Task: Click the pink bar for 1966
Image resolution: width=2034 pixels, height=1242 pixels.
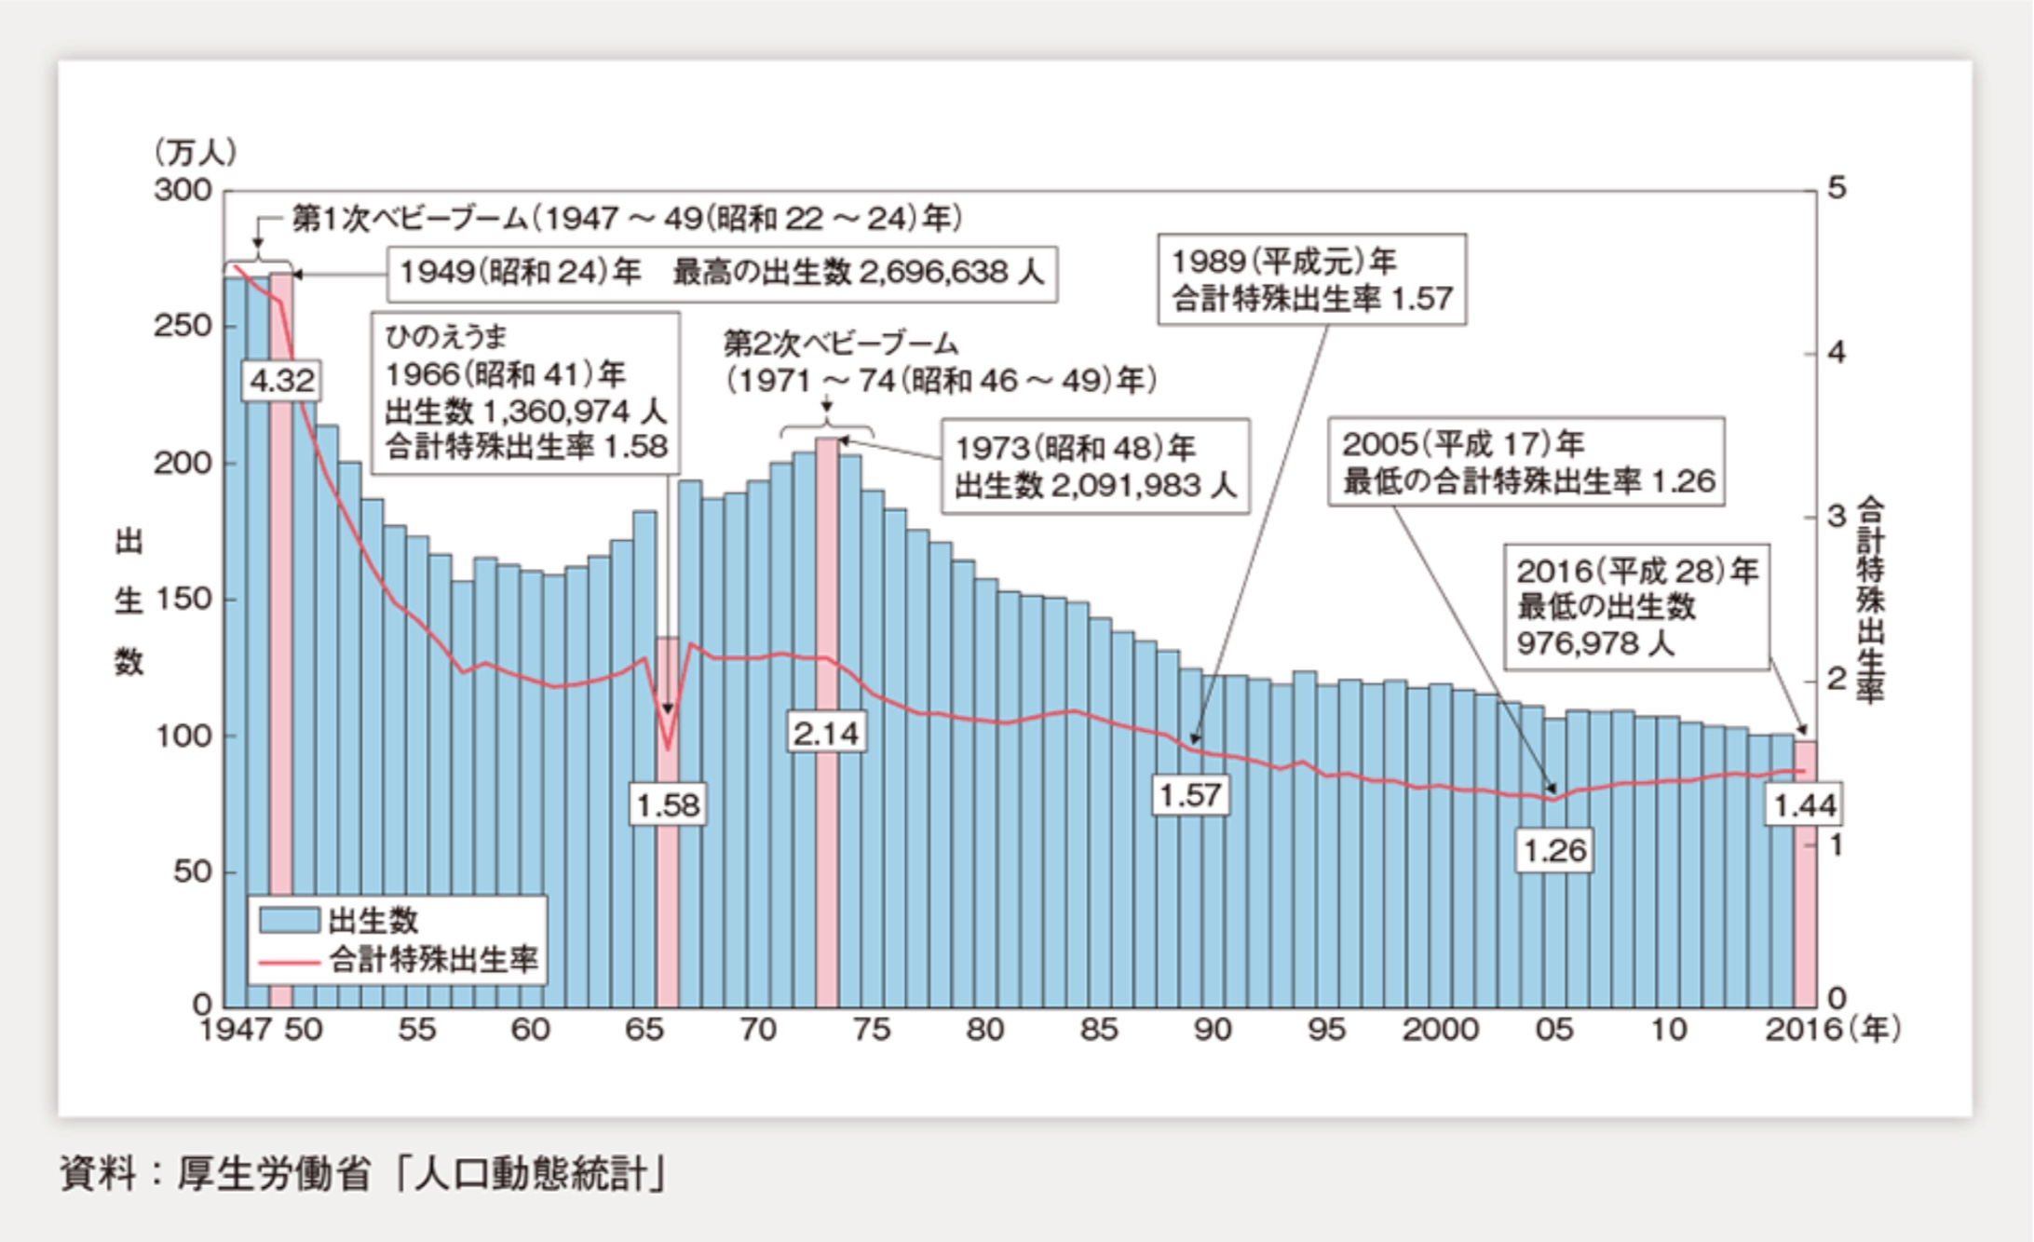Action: [x=667, y=884]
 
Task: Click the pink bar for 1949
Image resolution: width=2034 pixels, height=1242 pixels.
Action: [x=281, y=652]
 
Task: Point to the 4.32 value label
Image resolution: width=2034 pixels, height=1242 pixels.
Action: [x=282, y=381]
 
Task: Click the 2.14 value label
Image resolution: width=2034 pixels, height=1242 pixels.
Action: [x=826, y=734]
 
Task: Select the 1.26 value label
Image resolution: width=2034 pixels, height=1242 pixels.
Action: [x=1553, y=850]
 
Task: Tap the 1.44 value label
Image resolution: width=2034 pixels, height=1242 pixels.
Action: [x=1805, y=805]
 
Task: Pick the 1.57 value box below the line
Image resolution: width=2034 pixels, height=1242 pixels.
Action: [x=1190, y=795]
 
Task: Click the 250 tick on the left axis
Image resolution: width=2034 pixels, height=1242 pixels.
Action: [x=183, y=326]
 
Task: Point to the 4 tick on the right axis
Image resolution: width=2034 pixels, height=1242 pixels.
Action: [x=1836, y=353]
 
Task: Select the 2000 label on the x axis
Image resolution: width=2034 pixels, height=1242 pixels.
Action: [x=1440, y=1030]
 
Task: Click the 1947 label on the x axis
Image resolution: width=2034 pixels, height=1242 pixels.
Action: [x=235, y=1030]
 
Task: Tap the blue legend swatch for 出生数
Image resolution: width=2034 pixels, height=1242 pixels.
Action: [x=289, y=920]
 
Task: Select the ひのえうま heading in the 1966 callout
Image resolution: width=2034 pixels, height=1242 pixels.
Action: [x=445, y=337]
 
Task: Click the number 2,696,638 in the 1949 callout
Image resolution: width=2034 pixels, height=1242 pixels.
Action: [x=933, y=273]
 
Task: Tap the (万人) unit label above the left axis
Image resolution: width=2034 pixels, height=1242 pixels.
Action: [x=196, y=152]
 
